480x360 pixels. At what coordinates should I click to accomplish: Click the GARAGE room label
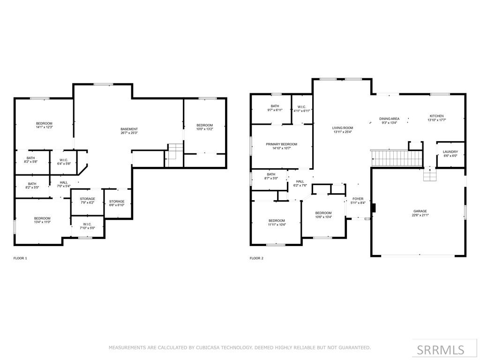click(420, 211)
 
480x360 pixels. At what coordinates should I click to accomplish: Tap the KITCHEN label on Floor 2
click(436, 116)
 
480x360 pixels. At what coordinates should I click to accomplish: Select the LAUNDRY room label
click(450, 151)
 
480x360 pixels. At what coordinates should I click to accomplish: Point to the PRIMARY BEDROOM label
click(281, 144)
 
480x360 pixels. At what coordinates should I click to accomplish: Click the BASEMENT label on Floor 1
click(129, 129)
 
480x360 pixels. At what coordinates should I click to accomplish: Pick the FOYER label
click(358, 199)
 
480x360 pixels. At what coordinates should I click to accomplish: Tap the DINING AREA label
click(390, 119)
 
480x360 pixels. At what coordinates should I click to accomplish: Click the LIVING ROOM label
click(343, 128)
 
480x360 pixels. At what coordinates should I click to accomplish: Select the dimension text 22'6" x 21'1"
click(420, 215)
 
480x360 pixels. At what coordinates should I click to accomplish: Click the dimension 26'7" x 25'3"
click(129, 133)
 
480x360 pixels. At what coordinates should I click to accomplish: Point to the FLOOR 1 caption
click(20, 258)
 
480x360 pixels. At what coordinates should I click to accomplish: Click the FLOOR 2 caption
click(256, 258)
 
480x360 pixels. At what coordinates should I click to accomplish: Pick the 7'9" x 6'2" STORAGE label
click(88, 201)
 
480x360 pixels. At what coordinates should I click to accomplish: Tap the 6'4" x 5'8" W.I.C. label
click(64, 162)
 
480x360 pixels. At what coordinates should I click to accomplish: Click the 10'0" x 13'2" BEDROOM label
click(204, 127)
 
